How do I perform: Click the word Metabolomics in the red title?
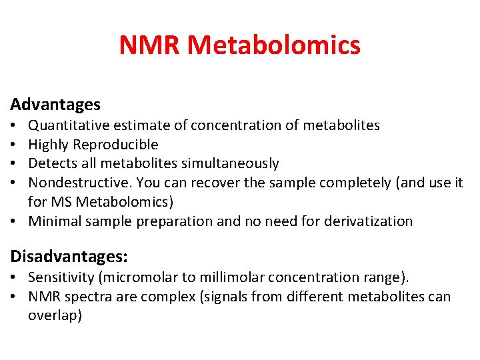pyautogui.click(x=274, y=45)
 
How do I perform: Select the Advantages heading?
pyautogui.click(x=55, y=105)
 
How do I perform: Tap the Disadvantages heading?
pyautogui.click(x=69, y=256)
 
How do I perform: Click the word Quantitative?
pyautogui.click(x=69, y=125)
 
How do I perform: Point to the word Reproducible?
pyautogui.click(x=116, y=145)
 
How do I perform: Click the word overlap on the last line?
pyautogui.click(x=54, y=315)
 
